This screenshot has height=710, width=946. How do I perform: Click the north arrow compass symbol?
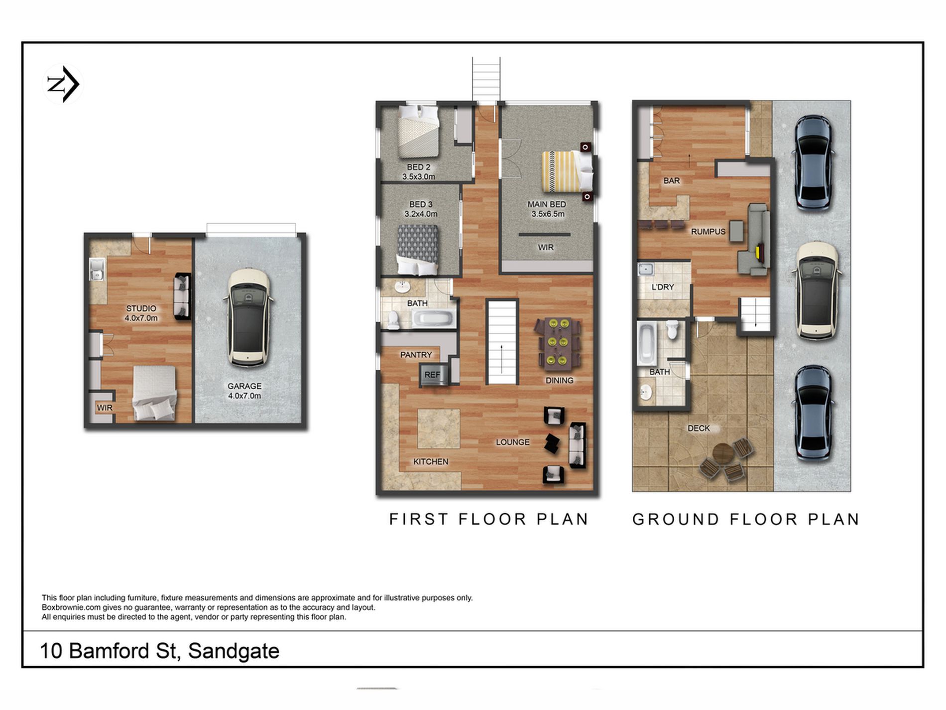pos(63,84)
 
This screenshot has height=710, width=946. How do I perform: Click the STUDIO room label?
pos(141,308)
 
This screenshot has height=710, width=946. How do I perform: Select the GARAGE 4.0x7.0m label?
pos(244,391)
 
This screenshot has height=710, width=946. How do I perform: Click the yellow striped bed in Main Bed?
pos(567,171)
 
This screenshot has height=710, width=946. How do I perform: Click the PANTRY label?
pos(416,355)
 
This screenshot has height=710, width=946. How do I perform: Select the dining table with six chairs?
pos(557,343)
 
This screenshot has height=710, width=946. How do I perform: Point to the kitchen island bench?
pos(439,429)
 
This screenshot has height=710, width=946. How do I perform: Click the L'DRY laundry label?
pos(663,287)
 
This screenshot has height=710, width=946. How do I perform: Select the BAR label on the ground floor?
pos(671,180)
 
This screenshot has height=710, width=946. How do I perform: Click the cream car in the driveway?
pos(817,290)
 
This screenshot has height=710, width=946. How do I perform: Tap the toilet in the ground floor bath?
pos(672,329)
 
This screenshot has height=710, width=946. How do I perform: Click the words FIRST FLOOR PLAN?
pos(489,519)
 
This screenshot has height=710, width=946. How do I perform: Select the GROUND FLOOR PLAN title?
pos(746,519)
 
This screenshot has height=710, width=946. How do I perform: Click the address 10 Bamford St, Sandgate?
pos(159,651)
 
